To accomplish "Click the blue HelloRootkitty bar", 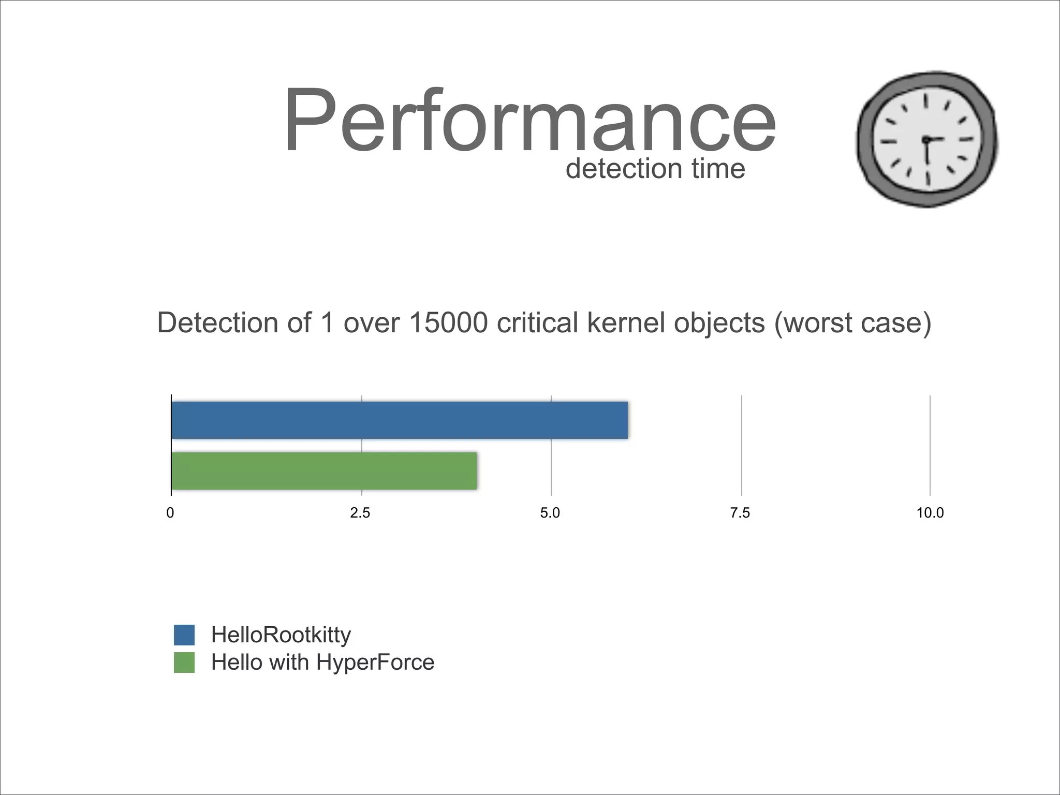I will tap(399, 420).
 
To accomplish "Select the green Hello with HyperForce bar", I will tap(324, 470).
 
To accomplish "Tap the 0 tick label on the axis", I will tap(170, 513).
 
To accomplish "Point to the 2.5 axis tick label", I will tap(360, 513).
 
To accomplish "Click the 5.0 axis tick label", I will tap(550, 513).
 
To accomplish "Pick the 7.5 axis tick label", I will tap(740, 513).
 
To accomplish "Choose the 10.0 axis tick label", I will tap(930, 513).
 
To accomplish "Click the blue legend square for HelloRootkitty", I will tap(184, 635).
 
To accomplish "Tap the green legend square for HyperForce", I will tap(184, 662).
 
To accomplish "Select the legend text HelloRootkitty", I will tap(281, 635).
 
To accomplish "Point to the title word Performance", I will tap(529, 122).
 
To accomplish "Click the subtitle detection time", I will tap(655, 169).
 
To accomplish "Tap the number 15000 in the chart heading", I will tap(448, 322).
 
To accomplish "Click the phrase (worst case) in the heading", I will tap(852, 323).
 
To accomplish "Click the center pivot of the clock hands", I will tap(926, 140).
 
